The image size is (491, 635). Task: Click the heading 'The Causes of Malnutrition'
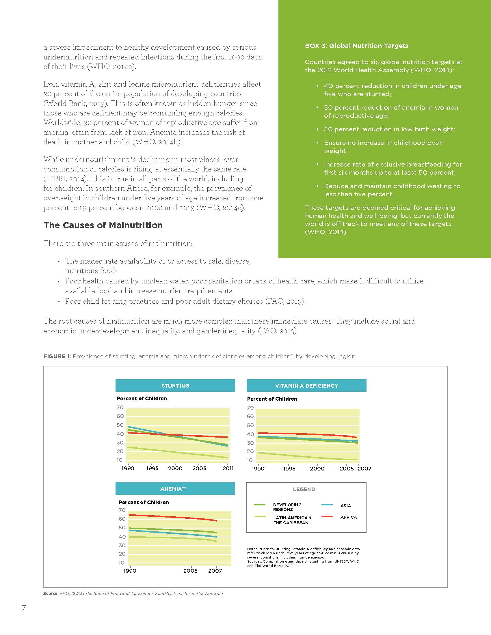(103, 225)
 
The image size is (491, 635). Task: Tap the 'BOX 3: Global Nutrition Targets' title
(356, 46)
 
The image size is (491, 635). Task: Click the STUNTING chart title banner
(175, 386)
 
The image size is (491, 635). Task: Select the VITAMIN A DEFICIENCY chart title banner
(306, 386)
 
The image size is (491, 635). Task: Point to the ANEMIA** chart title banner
(175, 489)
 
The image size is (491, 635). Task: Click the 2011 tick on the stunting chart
(228, 468)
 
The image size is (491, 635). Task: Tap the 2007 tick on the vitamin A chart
(364, 469)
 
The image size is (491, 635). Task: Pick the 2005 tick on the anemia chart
(190, 571)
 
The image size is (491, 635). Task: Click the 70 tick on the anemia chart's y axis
(122, 510)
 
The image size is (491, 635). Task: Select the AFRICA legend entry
(348, 517)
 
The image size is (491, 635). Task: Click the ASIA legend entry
(345, 506)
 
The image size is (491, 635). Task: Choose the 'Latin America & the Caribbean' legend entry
(292, 520)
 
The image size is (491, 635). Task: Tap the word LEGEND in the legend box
(304, 489)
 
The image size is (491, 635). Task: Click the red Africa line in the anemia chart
(174, 517)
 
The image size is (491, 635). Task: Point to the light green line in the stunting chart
(174, 452)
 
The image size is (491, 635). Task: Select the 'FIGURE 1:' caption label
(57, 356)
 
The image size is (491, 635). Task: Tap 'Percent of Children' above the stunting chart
(142, 399)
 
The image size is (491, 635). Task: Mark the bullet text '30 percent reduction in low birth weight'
(389, 129)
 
